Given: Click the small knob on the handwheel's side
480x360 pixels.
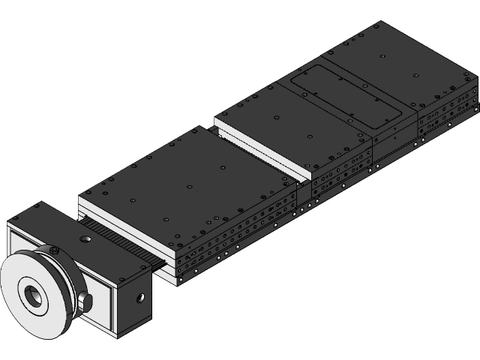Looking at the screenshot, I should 87,301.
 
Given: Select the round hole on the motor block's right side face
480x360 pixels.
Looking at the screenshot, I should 139,298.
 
